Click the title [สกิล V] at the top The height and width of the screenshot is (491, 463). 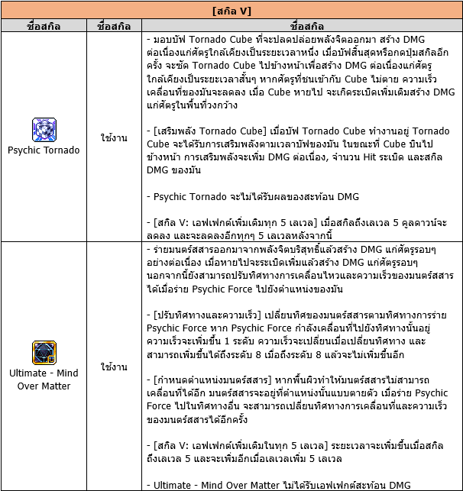point(231,11)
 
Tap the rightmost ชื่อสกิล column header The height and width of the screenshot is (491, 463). point(302,26)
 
